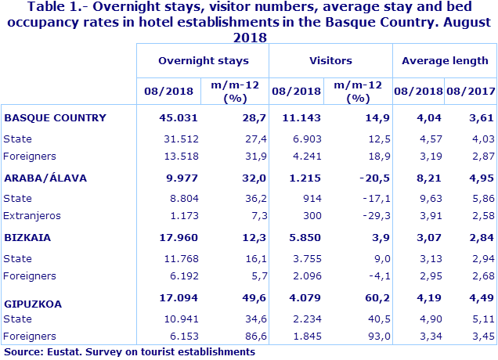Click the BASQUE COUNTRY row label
[55, 118]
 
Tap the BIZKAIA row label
[28, 237]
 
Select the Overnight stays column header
[203, 60]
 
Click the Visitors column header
[330, 60]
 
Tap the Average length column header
[445, 60]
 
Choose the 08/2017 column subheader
[472, 91]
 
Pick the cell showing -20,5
[364, 178]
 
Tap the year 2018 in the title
[250, 37]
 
